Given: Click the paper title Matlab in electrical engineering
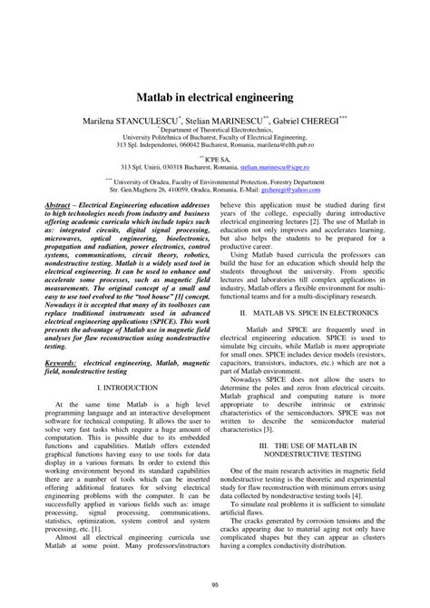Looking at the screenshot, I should pyautogui.click(x=214, y=94).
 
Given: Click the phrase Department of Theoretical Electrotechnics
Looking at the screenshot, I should pyautogui.click(x=216, y=129).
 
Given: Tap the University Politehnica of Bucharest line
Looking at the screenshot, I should pyautogui.click(x=215, y=136).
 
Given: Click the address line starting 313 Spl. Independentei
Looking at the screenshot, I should pyautogui.click(x=216, y=144).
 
